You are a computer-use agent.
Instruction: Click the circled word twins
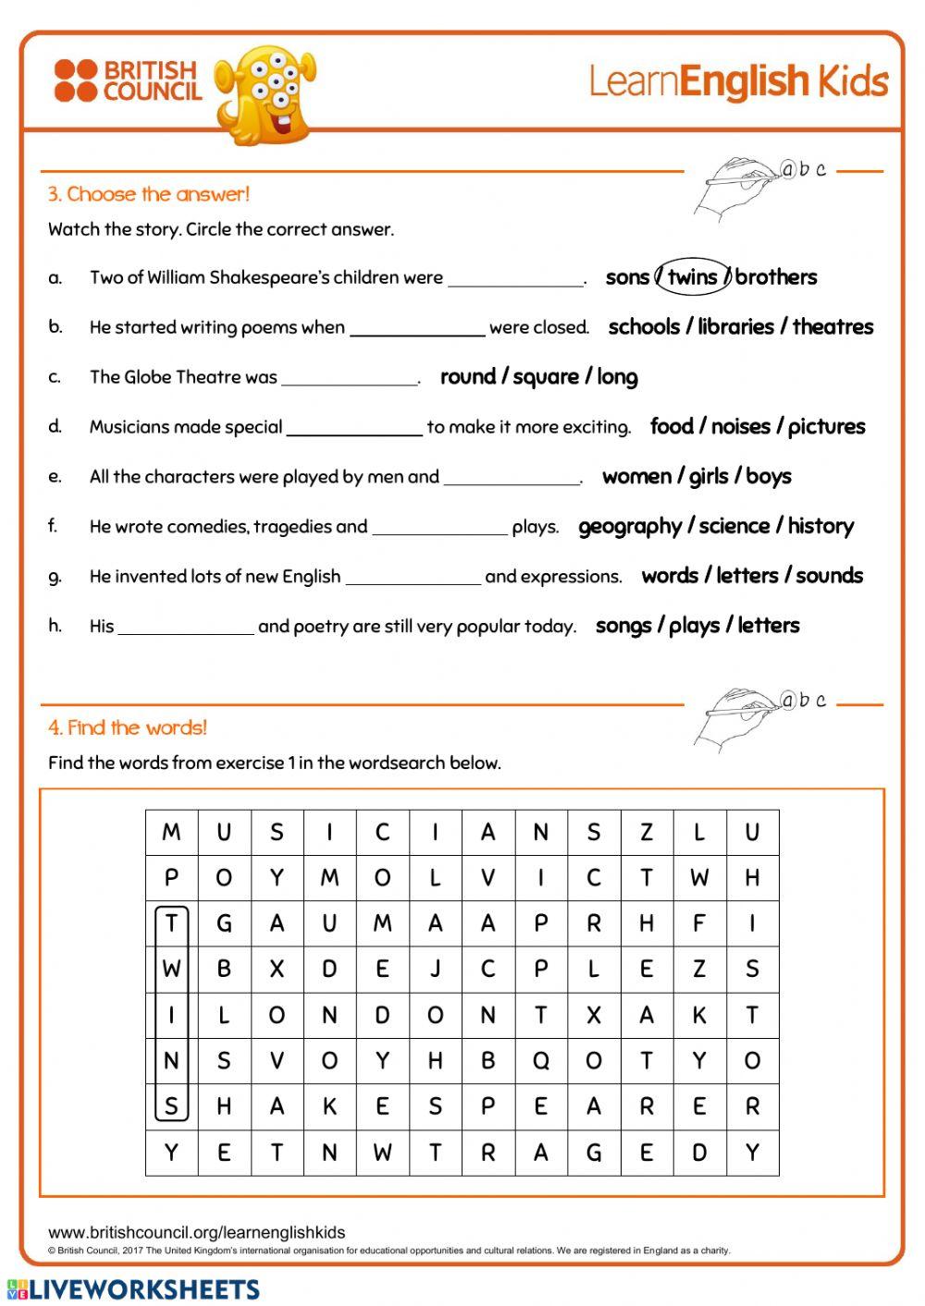click(692, 277)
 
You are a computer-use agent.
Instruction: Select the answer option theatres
click(832, 327)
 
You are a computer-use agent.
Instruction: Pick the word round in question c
click(468, 377)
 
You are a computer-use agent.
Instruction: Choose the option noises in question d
click(740, 427)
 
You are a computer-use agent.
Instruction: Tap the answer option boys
click(769, 477)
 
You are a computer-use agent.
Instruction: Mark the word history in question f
click(820, 527)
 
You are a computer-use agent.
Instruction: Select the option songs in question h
click(623, 626)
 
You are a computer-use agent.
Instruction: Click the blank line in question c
click(350, 382)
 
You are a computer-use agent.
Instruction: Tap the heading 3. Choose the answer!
click(149, 194)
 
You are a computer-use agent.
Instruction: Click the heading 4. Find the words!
click(128, 727)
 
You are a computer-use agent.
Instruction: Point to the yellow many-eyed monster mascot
click(265, 92)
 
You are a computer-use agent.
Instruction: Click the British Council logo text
click(151, 80)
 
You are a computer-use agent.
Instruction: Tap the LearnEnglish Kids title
click(738, 81)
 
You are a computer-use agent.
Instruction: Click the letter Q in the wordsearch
click(541, 1061)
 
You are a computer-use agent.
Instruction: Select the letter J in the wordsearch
click(435, 970)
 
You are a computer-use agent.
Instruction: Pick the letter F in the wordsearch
click(699, 923)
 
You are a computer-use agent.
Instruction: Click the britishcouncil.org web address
click(196, 1232)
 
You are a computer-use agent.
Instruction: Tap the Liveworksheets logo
click(133, 1289)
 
